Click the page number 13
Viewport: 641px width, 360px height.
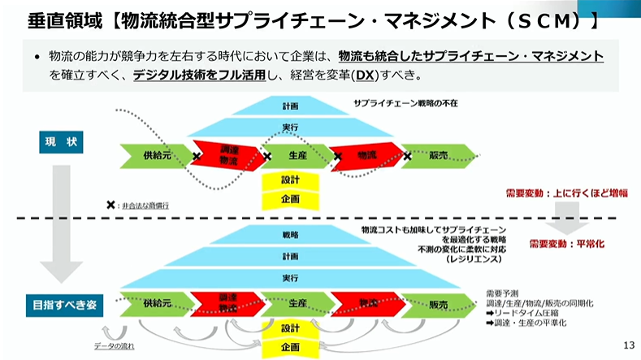627,344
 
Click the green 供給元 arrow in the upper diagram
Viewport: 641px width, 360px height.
157,154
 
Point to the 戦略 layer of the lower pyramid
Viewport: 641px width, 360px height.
291,235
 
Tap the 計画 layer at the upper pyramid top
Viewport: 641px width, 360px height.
291,106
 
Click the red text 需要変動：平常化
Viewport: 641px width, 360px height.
571,243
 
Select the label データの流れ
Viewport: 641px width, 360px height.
115,346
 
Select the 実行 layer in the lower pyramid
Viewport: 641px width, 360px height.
291,277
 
